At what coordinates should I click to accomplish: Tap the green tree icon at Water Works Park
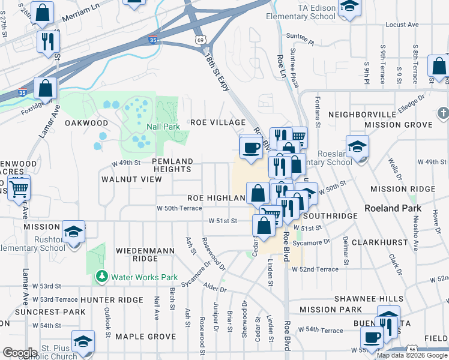tap(101, 277)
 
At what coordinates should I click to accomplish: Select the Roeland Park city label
tap(393, 208)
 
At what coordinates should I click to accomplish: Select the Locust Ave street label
tap(402, 25)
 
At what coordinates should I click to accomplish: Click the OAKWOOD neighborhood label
tap(86, 123)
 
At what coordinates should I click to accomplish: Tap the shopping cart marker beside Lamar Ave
tap(19, 189)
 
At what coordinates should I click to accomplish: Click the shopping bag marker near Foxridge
tap(46, 88)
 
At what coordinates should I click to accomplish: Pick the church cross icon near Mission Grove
tap(443, 113)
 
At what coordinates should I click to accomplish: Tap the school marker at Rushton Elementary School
tap(73, 232)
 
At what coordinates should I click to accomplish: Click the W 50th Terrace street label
tap(179, 208)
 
